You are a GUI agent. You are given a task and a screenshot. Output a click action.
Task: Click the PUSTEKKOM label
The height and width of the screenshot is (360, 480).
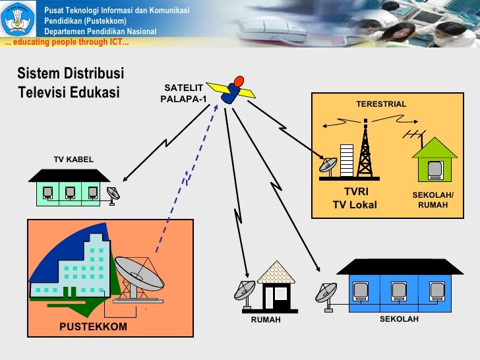(93, 326)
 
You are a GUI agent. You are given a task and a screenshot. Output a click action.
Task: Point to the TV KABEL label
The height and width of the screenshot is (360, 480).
(73, 160)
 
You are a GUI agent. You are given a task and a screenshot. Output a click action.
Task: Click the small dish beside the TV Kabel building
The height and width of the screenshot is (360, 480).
(113, 195)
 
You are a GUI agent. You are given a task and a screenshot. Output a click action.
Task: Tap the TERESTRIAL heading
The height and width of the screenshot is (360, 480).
(381, 104)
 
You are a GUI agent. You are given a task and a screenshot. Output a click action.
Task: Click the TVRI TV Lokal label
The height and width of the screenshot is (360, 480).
(355, 198)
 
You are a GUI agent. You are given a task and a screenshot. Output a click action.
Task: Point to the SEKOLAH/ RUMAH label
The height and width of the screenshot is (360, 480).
(433, 200)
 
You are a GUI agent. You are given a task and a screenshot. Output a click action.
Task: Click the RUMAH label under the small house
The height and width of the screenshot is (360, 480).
(266, 320)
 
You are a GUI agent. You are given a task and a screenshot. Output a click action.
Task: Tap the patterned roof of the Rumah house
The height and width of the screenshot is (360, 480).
(276, 272)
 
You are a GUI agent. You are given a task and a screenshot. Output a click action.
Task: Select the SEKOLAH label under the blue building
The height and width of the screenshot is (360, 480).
(399, 319)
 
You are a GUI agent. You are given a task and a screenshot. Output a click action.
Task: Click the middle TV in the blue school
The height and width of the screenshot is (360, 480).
(400, 291)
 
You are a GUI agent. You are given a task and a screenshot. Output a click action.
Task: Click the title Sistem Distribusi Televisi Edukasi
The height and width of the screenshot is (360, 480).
(70, 82)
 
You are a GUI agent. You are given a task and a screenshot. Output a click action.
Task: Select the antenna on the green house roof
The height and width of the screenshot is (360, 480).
(414, 136)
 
